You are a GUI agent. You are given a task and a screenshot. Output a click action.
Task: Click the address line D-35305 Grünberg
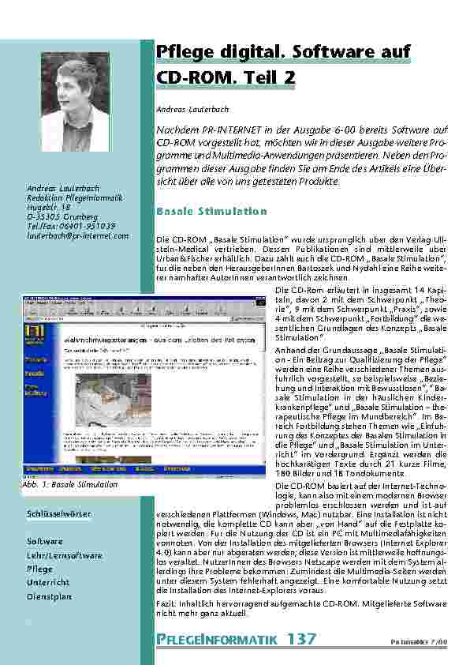pos(63,216)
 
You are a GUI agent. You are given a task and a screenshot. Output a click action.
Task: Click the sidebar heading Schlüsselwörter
pos(58,514)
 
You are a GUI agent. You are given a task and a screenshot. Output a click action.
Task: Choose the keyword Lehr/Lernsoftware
pos(65,556)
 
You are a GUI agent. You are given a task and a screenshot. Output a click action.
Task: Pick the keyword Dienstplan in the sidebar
pos(49,596)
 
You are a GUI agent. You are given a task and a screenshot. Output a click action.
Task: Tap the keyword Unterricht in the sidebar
pos(48,583)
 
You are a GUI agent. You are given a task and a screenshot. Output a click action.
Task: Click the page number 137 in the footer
pos(302,638)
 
